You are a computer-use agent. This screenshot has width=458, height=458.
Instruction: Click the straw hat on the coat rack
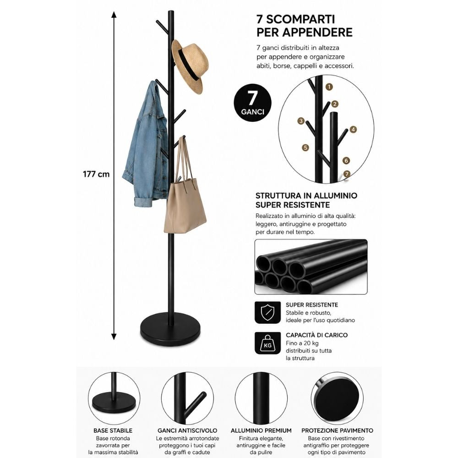coord(190,66)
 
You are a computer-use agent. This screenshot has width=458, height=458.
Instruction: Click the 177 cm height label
coord(96,174)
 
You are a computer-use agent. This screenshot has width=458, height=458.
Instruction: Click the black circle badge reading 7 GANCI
coord(252,103)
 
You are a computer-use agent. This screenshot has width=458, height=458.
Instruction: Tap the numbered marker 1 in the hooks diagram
coord(329,87)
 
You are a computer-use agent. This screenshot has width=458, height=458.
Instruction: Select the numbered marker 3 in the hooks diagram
coord(301,121)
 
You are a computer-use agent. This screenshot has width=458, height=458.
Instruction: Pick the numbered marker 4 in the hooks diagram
coord(353,130)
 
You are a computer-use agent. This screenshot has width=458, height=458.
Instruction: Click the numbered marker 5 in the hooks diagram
coord(305,147)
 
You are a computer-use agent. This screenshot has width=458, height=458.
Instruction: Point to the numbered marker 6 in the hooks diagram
coord(346,160)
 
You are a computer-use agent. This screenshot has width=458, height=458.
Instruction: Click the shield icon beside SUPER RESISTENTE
coord(267,312)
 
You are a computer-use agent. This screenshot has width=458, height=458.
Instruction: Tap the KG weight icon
coord(267,343)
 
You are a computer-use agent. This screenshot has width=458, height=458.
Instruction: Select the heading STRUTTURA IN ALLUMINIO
coord(306,196)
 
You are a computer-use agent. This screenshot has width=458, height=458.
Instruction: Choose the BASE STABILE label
coord(113,431)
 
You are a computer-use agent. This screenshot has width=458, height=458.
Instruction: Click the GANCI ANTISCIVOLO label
coord(187,431)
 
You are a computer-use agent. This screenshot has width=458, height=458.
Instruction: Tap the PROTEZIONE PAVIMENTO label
coord(337,431)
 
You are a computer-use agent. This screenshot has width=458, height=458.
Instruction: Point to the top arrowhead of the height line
coord(114,15)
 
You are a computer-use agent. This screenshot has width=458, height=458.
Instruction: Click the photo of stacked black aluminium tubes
coord(311,267)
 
